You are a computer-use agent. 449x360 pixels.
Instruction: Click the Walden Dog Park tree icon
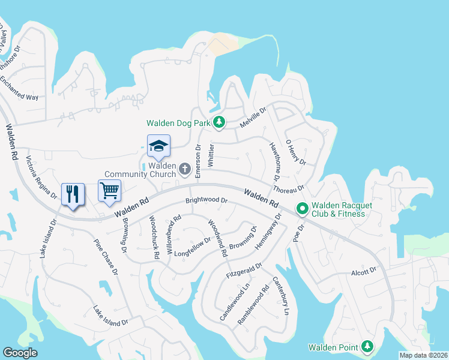220,122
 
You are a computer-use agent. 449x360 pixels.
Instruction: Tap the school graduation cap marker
159,146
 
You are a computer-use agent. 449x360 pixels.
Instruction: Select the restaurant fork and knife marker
73,194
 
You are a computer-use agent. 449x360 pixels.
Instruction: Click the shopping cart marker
110,191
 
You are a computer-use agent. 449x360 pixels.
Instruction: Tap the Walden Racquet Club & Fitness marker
303,209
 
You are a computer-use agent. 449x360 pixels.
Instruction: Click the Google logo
20,353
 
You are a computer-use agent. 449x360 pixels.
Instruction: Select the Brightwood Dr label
207,200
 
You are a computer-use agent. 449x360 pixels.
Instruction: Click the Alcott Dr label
364,271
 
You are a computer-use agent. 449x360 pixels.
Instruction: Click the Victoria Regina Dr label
41,178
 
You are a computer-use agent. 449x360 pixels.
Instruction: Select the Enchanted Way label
27,88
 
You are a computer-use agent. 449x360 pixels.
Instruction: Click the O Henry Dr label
296,154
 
